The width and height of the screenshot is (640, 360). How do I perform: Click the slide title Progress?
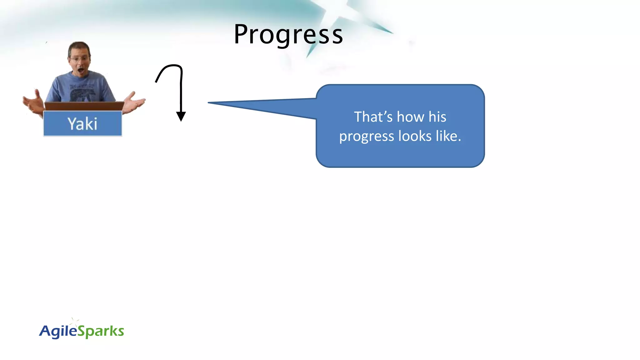point(288,34)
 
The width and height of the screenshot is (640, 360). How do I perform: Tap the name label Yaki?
point(82,124)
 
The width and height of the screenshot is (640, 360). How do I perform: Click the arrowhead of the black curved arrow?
point(181,117)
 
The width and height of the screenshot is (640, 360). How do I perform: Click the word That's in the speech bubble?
point(373,117)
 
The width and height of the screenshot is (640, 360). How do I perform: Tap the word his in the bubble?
point(437,117)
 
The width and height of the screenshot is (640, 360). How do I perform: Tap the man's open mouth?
point(81,70)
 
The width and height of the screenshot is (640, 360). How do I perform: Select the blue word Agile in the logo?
point(58,331)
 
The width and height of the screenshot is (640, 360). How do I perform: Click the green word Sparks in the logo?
point(101,331)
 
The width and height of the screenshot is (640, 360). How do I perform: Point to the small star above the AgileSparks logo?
point(74,321)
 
